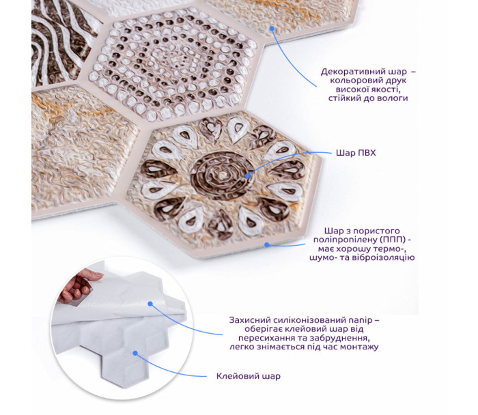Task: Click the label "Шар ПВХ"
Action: coord(356,152)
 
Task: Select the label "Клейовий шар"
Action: coord(249,376)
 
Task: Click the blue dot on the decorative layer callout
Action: coord(272,29)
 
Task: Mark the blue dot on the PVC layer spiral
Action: coord(247,175)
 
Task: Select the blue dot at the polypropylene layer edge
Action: coord(267,244)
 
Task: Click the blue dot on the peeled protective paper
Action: coord(150,304)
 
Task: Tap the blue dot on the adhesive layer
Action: coord(135,353)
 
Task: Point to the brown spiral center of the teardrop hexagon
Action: coord(223,175)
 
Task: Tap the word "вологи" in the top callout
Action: coord(393,98)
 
